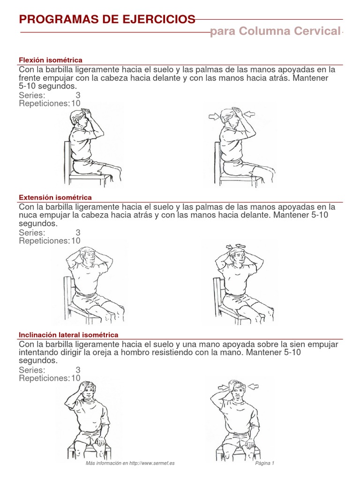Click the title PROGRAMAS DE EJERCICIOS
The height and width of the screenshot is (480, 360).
(107, 19)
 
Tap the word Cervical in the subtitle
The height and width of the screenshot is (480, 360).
(317, 31)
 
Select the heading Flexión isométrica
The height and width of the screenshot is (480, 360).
(51, 60)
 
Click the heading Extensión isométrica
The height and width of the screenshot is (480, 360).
(55, 197)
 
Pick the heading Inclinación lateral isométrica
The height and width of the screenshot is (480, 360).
(68, 335)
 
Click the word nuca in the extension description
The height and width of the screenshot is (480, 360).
(29, 215)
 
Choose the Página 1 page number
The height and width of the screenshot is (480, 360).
(265, 463)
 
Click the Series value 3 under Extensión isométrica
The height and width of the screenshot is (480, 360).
(78, 232)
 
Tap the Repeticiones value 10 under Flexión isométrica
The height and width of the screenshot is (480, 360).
(76, 103)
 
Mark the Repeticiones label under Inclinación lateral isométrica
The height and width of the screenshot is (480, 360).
(44, 378)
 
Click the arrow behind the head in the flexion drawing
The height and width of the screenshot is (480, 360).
(214, 116)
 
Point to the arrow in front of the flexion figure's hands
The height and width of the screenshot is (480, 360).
(250, 114)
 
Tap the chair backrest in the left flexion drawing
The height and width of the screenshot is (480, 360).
(67, 159)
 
